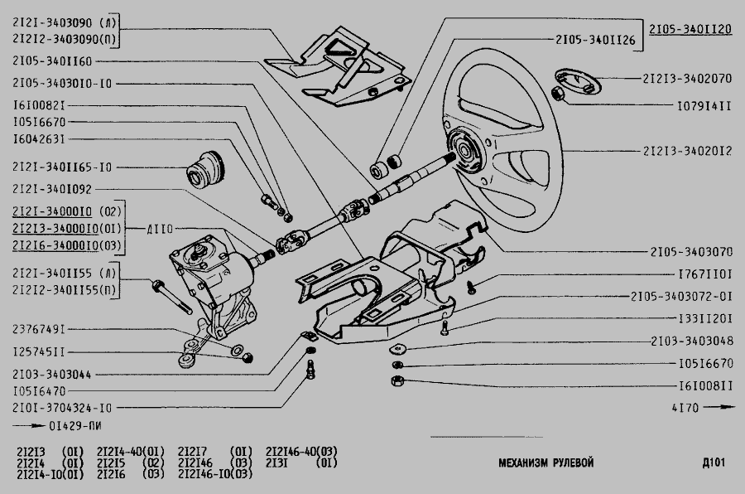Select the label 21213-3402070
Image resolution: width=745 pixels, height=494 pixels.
[686, 80]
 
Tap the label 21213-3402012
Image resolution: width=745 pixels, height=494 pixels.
[686, 152]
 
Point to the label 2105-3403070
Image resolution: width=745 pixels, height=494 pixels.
[690, 251]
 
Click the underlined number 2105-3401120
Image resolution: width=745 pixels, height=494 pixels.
[690, 28]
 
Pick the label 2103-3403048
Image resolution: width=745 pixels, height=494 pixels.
[690, 341]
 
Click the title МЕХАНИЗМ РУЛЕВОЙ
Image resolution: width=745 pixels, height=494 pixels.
[546, 463]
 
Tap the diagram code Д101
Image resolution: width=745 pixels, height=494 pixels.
[713, 463]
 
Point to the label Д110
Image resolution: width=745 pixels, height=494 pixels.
[161, 228]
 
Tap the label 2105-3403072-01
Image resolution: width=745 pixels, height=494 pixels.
[681, 295]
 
